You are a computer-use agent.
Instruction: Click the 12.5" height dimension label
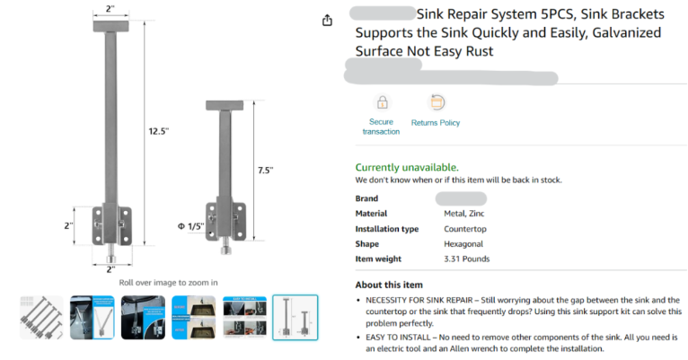coord(159,131)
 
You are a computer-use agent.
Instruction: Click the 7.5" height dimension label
coord(265,170)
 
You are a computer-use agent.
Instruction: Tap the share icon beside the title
coord(328,20)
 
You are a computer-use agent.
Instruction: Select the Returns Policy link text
coord(436,123)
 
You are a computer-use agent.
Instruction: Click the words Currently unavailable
coord(407,167)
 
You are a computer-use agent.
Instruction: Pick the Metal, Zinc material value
coord(466,214)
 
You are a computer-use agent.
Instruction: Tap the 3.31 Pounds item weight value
coord(466,259)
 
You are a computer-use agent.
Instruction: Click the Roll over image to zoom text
coord(168,282)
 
